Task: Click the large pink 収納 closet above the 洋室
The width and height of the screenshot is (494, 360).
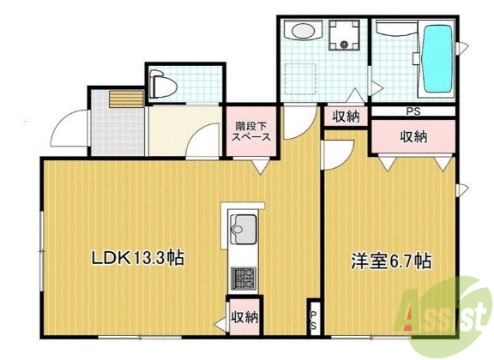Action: pos(414,135)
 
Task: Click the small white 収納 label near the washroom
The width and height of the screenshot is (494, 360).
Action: pos(346,117)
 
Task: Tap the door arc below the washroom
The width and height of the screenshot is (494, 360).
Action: pos(296,126)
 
